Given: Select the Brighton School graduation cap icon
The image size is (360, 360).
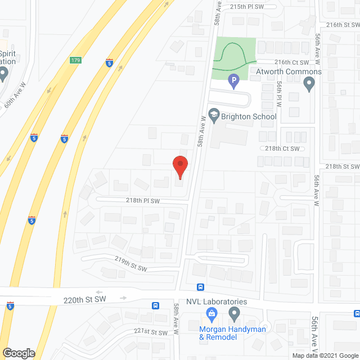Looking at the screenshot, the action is (214, 116).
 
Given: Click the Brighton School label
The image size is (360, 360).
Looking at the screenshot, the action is (249, 116).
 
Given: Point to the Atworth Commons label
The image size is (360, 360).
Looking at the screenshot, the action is (289, 72).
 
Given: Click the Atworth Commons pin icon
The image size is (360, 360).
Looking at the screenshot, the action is (308, 85).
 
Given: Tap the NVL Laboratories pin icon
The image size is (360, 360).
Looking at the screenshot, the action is (235, 313).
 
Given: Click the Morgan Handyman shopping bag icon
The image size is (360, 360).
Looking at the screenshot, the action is (211, 313).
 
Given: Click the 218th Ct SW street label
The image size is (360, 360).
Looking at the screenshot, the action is (283, 148).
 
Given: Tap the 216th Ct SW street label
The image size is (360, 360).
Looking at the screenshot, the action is (291, 62).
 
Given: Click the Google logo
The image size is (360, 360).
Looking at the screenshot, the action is (18, 353).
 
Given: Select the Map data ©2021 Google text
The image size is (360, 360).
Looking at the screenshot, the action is (325, 355).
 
